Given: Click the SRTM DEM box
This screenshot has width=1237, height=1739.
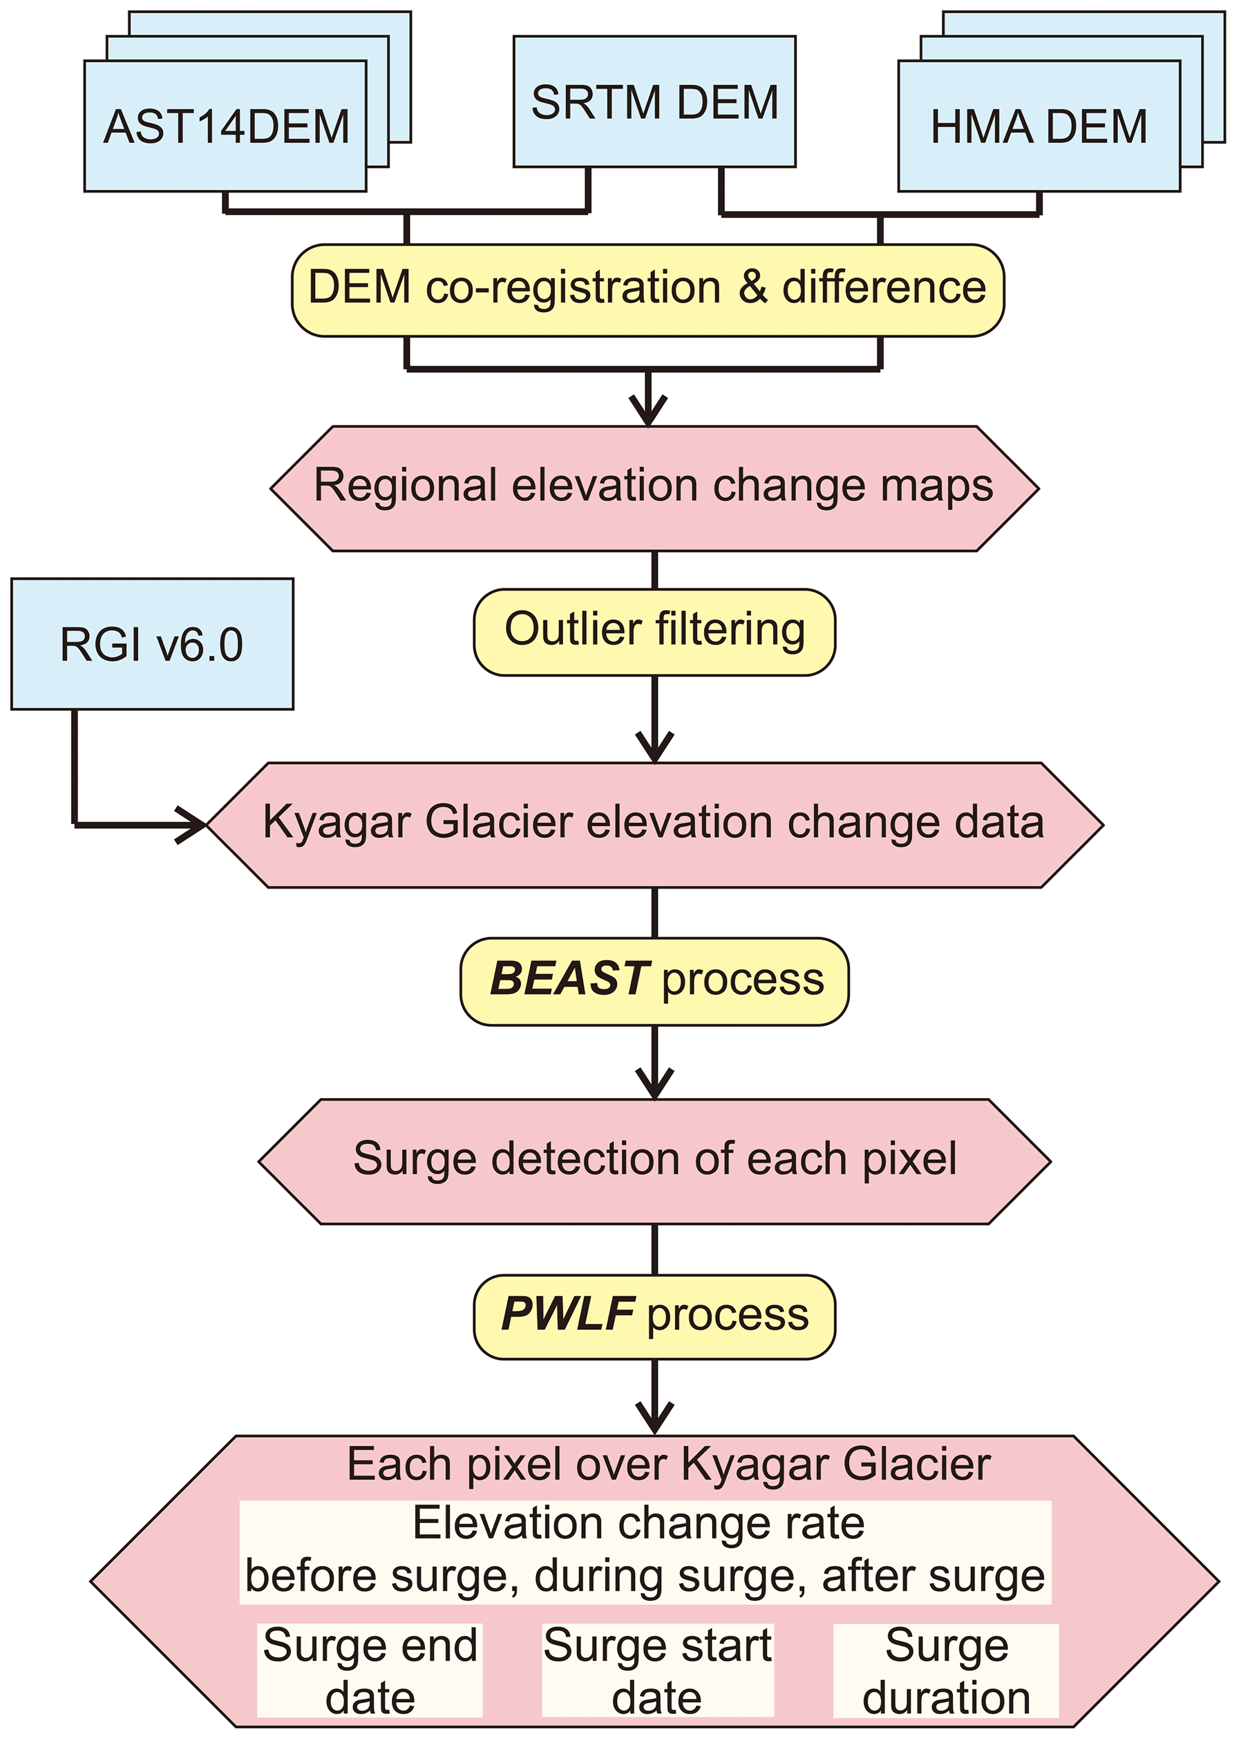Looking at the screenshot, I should pos(654,101).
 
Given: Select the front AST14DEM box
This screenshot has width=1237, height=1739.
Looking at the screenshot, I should pos(226,126).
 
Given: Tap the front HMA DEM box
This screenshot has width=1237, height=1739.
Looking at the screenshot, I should pos(1039,126).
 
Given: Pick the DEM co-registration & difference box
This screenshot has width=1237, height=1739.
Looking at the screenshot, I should pos(648,290).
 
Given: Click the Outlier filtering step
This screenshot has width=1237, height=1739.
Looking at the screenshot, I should pos(654,631).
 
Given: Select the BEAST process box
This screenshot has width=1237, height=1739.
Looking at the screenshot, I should pos(654,981).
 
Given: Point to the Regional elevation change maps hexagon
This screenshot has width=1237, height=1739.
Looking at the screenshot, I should pos(654,488).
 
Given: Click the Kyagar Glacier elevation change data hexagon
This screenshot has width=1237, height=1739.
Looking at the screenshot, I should pos(654,824).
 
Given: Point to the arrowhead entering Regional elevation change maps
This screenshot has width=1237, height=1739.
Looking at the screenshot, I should pos(648,411).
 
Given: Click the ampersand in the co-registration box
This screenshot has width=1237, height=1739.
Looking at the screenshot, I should pos(753,288).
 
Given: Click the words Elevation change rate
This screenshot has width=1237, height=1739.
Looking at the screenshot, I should pos(639,1524).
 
